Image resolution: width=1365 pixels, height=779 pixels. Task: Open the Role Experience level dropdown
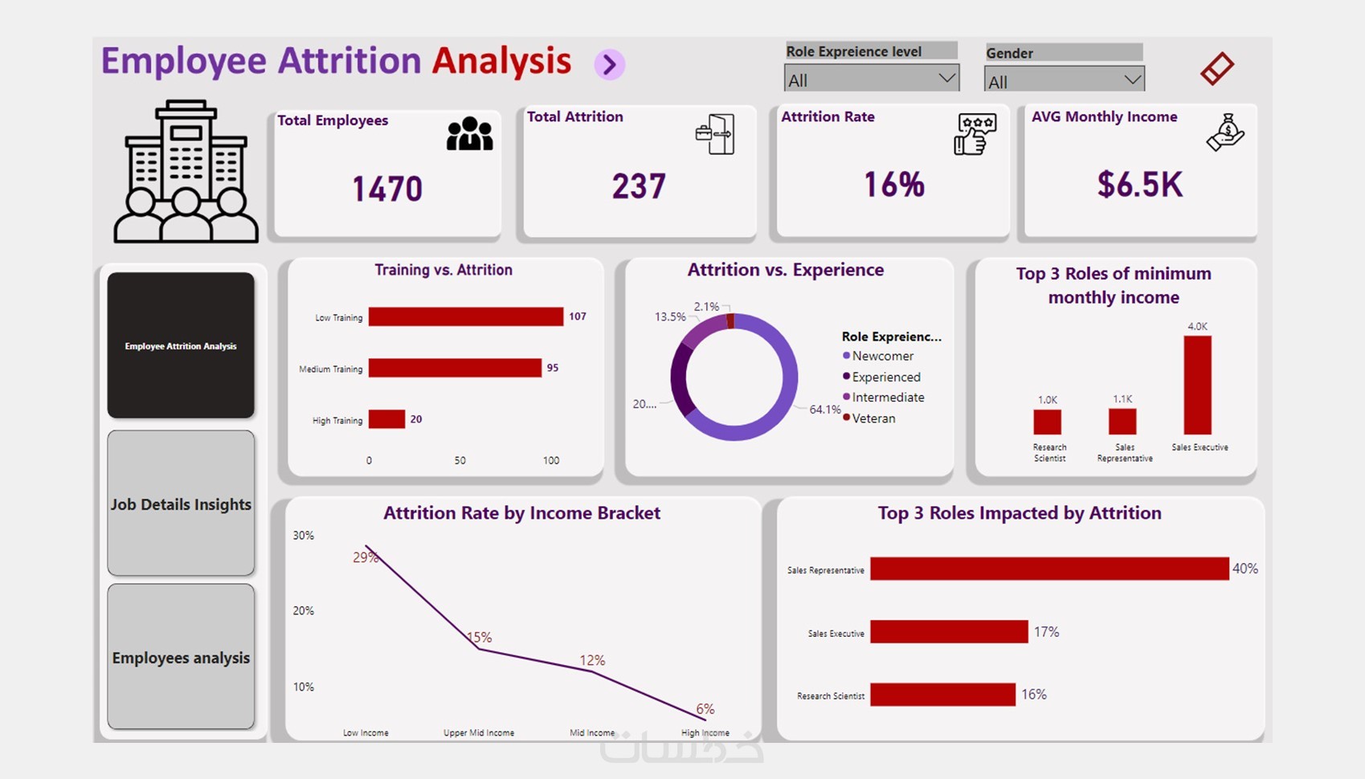pos(871,80)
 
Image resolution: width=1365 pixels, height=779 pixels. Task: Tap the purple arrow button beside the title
pos(610,64)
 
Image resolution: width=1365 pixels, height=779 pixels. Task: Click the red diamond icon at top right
pos(1216,68)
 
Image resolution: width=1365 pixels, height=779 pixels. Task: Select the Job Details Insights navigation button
pos(181,504)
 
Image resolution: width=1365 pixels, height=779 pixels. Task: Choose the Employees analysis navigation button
pos(181,657)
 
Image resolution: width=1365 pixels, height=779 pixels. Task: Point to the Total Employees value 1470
pos(387,189)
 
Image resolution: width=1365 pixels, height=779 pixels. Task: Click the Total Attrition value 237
pos(639,186)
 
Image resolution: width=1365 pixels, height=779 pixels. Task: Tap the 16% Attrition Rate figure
pos(893,185)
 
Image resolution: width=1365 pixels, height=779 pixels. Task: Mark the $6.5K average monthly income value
pos(1139,185)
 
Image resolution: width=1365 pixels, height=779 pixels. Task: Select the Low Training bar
pos(465,317)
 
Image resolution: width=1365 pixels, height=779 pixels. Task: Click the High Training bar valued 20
pos(386,419)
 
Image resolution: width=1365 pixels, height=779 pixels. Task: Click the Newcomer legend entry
pos(882,356)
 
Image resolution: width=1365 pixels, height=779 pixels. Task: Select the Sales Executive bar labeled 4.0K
pos(1197,385)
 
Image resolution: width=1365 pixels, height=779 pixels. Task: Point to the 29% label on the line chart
pos(365,557)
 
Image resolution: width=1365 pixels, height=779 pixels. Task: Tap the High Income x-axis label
pos(705,732)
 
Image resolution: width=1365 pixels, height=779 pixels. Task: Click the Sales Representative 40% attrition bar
pos(1048,569)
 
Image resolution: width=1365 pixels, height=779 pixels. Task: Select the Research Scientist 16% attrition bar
pos(942,695)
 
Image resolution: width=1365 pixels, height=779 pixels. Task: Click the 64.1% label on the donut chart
pos(825,410)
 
